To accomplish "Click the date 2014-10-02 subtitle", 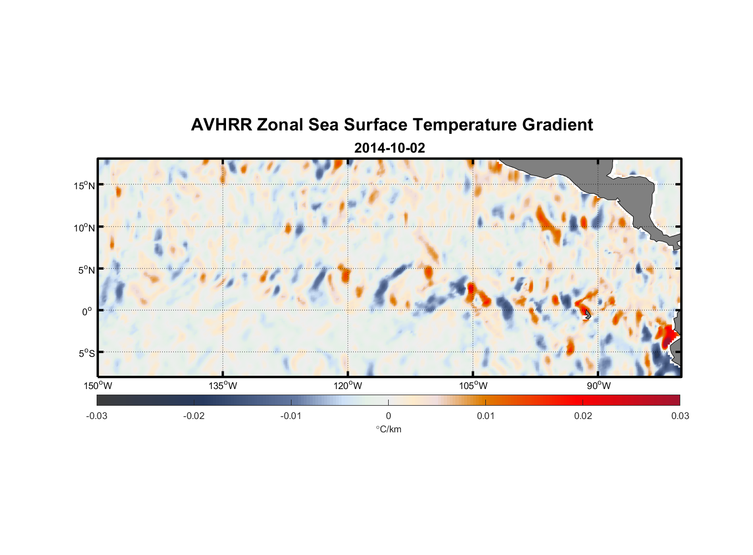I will click(389, 148).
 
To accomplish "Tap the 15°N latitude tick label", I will click(84, 185).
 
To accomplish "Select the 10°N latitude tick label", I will click(84, 228).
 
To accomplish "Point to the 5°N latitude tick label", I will click(86, 270).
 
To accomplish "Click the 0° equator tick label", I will click(87, 311).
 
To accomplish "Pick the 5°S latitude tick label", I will click(86, 354).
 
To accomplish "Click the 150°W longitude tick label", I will click(98, 386).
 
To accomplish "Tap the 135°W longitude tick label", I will click(223, 386).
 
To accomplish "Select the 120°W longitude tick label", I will click(348, 386).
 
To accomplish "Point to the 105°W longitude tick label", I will click(473, 386).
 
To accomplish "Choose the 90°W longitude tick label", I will click(599, 386).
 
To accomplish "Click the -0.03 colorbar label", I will click(97, 416).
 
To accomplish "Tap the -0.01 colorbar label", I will click(291, 416).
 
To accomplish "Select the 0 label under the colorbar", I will click(388, 416).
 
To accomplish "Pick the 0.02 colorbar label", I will click(583, 416).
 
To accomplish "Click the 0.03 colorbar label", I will click(680, 416).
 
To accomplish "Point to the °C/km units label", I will click(388, 429).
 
